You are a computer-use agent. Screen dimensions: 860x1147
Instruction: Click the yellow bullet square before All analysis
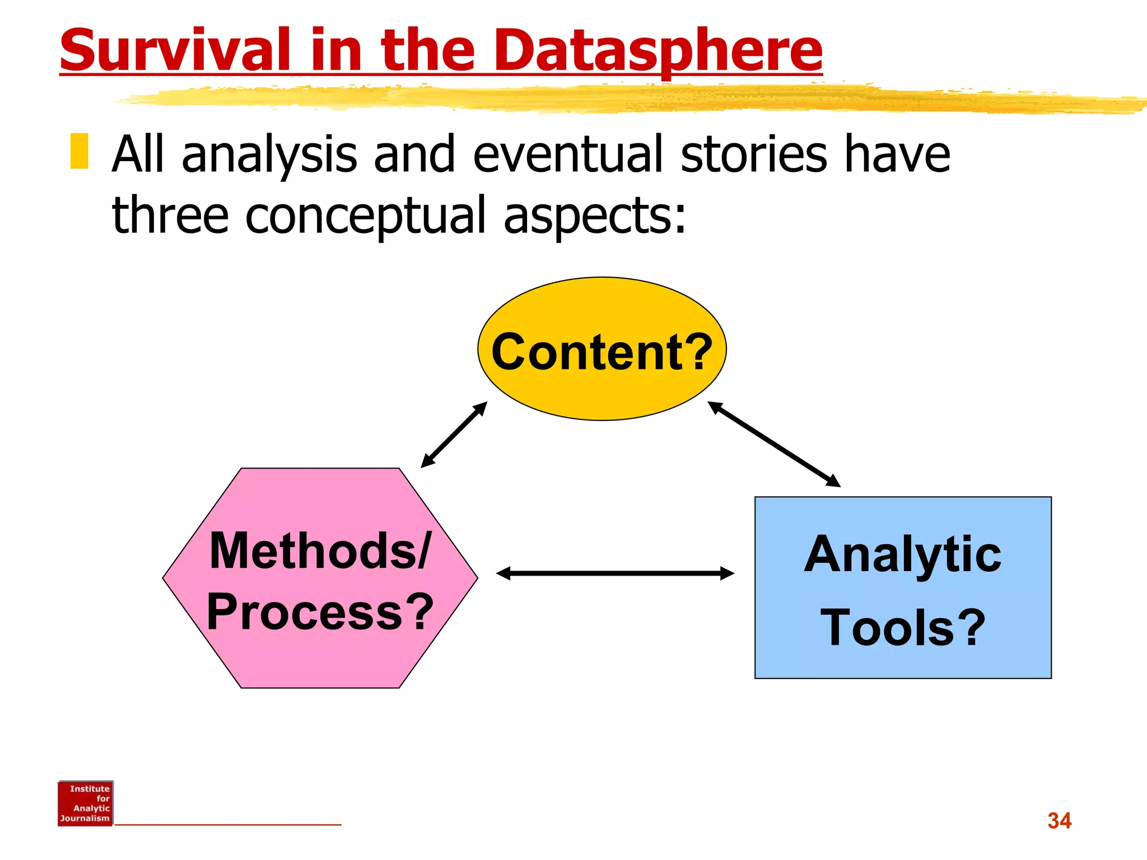point(79,151)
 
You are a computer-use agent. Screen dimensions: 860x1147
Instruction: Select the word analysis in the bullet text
point(269,155)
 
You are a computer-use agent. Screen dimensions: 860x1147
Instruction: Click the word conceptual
point(365,216)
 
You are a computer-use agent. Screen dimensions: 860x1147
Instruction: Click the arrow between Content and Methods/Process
point(454,434)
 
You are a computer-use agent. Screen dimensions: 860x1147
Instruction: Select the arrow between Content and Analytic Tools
point(774,444)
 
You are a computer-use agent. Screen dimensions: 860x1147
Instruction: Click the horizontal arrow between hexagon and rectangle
point(615,573)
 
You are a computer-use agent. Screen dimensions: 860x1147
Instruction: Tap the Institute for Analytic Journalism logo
point(85,803)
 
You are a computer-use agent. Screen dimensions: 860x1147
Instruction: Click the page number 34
point(1059,821)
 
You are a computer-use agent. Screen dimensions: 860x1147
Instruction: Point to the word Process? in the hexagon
point(320,612)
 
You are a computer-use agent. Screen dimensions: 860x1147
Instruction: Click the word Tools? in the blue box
point(902,628)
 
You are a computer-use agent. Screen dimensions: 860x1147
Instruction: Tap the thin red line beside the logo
point(227,824)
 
